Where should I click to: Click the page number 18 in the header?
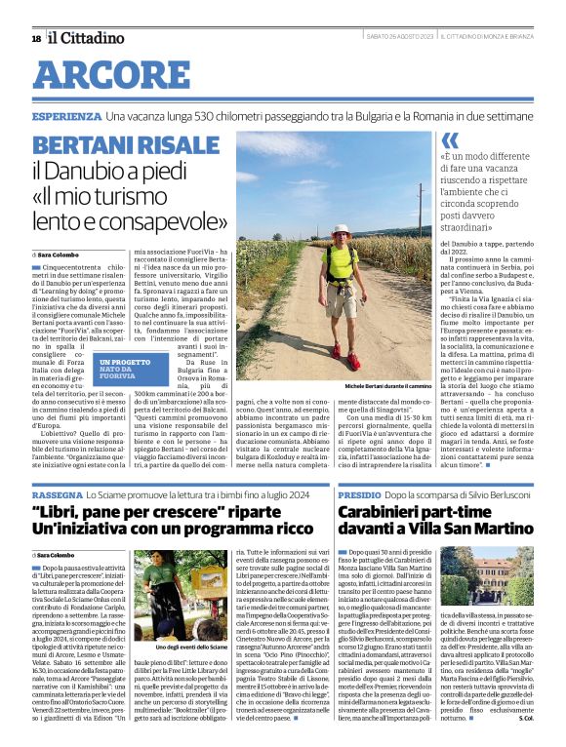click(35, 39)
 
